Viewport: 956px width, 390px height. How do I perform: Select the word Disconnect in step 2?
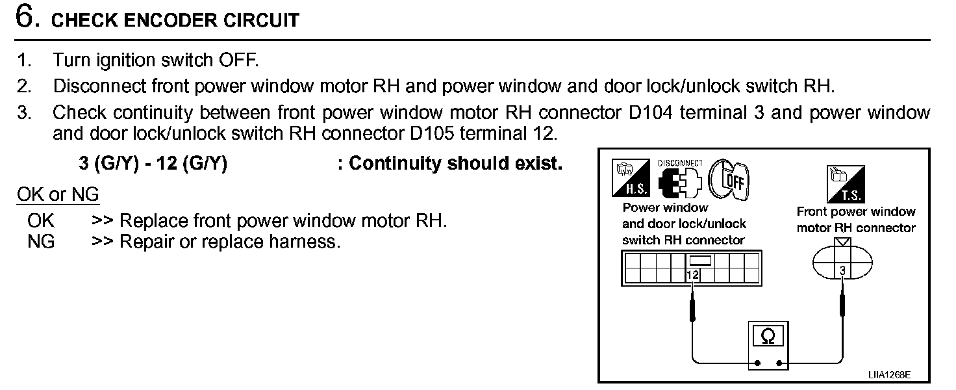pos(100,86)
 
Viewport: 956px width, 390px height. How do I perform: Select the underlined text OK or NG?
pos(58,194)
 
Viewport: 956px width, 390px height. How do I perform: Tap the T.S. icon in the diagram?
pos(845,184)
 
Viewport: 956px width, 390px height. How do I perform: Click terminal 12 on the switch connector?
pos(692,275)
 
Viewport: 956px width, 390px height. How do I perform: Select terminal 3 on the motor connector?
pos(842,270)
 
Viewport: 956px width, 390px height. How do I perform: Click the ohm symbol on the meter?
pos(768,336)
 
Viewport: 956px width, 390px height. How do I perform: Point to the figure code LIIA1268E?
pos(889,375)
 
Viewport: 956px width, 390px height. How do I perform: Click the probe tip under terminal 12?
pos(692,305)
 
